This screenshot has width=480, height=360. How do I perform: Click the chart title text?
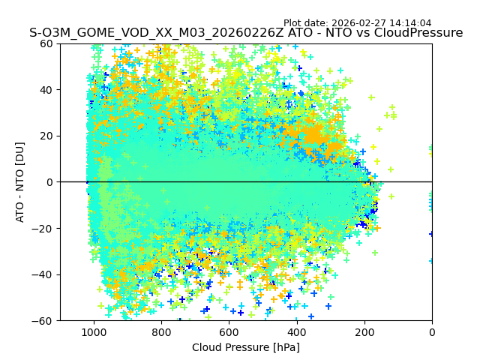[246, 33]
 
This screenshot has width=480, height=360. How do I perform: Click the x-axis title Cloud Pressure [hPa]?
[246, 347]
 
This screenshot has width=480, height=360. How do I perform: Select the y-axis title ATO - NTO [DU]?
[20, 182]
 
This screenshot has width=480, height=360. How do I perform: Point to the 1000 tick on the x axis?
[94, 331]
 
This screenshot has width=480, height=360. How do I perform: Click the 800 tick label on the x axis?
[161, 331]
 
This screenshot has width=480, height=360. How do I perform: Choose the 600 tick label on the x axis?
[229, 331]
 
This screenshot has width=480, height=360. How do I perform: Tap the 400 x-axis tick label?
[296, 331]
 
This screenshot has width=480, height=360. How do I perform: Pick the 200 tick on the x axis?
[364, 331]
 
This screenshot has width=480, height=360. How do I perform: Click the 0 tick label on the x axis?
[431, 331]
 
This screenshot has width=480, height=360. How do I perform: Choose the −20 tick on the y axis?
[46, 228]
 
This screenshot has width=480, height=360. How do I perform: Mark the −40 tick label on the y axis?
[46, 274]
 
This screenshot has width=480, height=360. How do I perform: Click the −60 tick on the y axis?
[46, 320]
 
